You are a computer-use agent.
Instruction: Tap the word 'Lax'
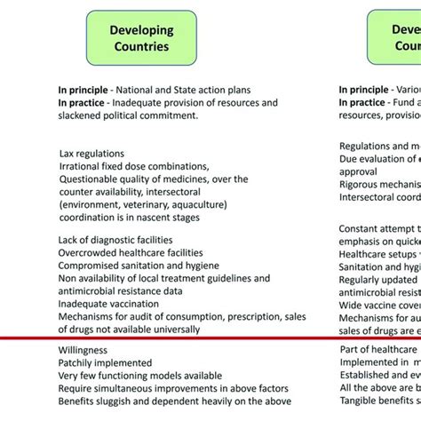click(68, 154)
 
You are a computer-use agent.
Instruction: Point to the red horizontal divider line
click(210, 338)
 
